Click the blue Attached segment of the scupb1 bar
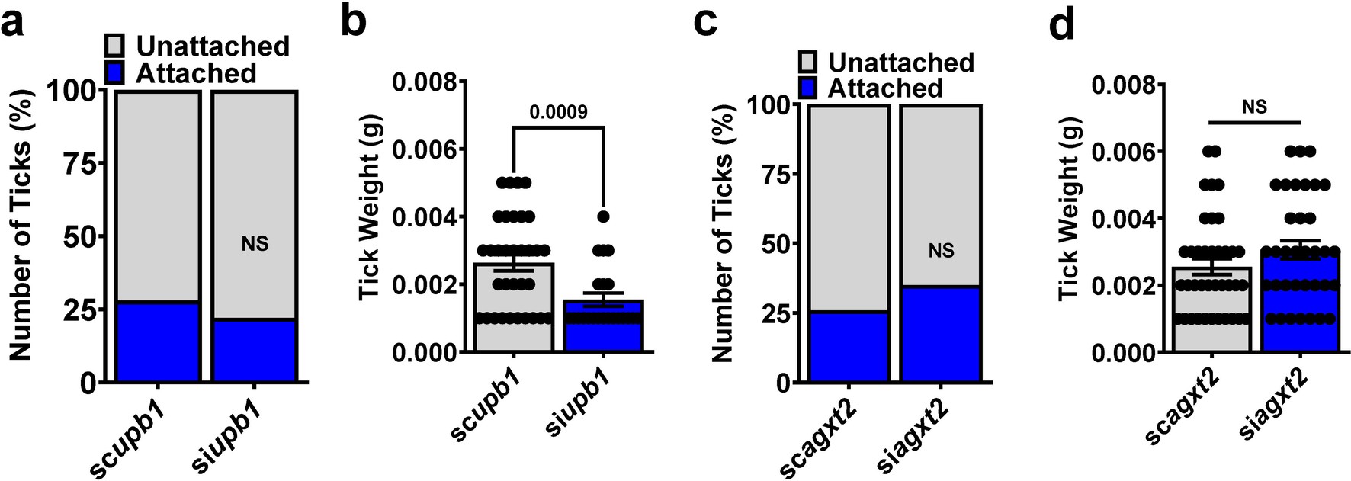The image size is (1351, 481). (x=158, y=342)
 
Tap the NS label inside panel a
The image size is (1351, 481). (x=255, y=245)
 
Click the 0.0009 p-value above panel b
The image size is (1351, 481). (x=559, y=113)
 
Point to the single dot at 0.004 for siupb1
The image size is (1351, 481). (x=603, y=217)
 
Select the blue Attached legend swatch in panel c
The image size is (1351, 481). (x=808, y=88)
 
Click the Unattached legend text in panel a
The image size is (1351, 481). (x=213, y=46)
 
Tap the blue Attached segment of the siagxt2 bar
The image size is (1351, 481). (x=941, y=333)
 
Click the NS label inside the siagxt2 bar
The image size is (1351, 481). (x=942, y=251)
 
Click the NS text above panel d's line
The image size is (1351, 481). (x=1254, y=107)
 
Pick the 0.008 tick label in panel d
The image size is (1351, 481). (x=1124, y=85)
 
